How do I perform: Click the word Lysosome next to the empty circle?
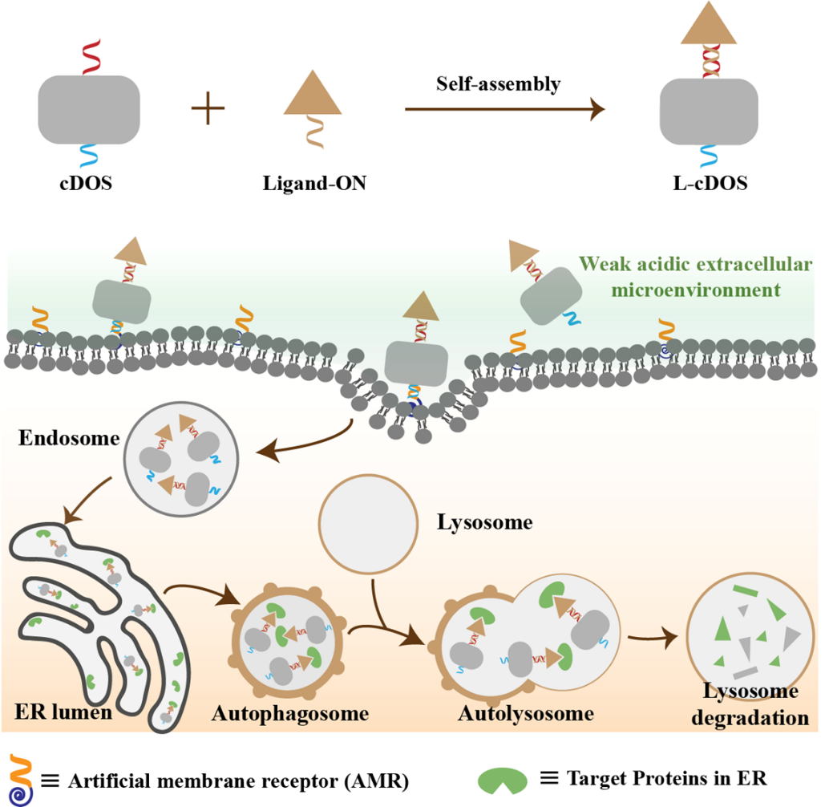(x=484, y=524)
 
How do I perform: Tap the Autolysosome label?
(x=526, y=713)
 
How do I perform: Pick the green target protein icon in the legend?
(x=503, y=780)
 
